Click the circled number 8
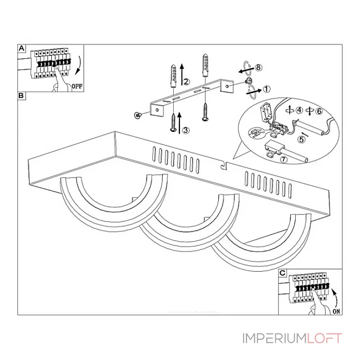tap(258, 67)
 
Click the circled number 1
tap(266, 89)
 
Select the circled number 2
tap(186, 82)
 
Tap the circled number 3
tap(186, 130)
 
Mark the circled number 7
tap(283, 159)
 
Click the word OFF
tap(77, 86)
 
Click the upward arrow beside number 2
tap(182, 74)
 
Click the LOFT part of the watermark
tap(325, 338)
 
